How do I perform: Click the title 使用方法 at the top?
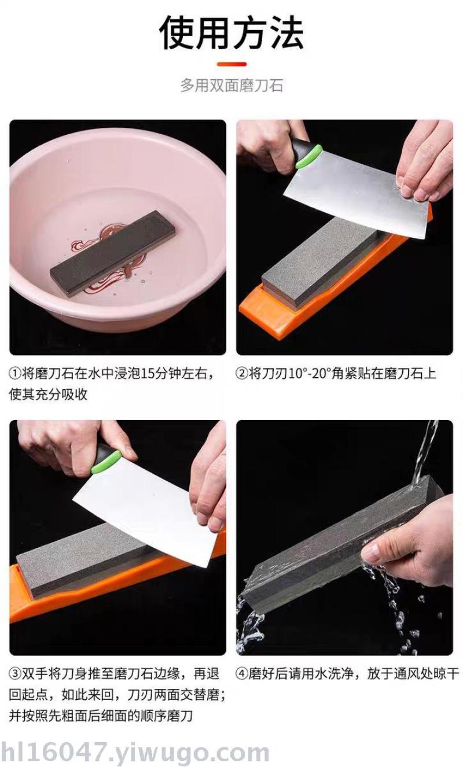pos(231,33)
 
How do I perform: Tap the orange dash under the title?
pos(231,64)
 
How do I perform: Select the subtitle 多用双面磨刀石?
pos(231,85)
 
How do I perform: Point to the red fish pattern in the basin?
pos(109,260)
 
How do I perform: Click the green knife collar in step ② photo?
pos(308,156)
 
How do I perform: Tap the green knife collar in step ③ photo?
pos(106,462)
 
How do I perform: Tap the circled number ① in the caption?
pos(15,373)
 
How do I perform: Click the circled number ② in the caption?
pos(242,373)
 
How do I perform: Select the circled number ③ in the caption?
pos(15,674)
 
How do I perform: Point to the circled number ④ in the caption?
pos(242,674)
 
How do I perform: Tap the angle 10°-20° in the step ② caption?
pos(310,373)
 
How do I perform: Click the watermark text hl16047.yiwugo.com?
pos(135,753)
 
